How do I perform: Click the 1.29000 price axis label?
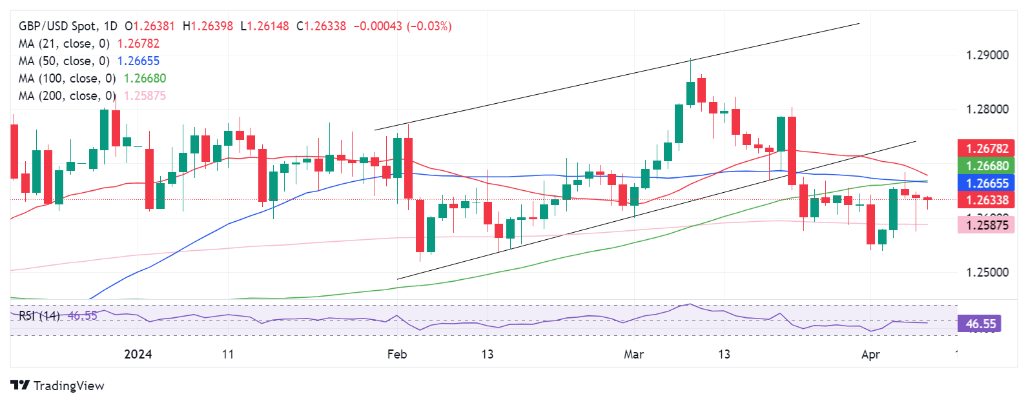987,55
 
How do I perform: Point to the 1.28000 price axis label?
987,110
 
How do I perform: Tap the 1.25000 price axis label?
987,272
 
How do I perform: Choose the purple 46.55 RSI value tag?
980,324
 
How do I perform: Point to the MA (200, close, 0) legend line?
92,96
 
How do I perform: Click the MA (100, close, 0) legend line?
92,79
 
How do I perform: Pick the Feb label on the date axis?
397,355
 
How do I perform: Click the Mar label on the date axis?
633,355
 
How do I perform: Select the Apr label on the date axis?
870,355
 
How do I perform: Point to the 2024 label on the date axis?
138,355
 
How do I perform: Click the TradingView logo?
57,386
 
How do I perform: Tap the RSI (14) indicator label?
39,316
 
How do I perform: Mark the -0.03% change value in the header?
429,26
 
